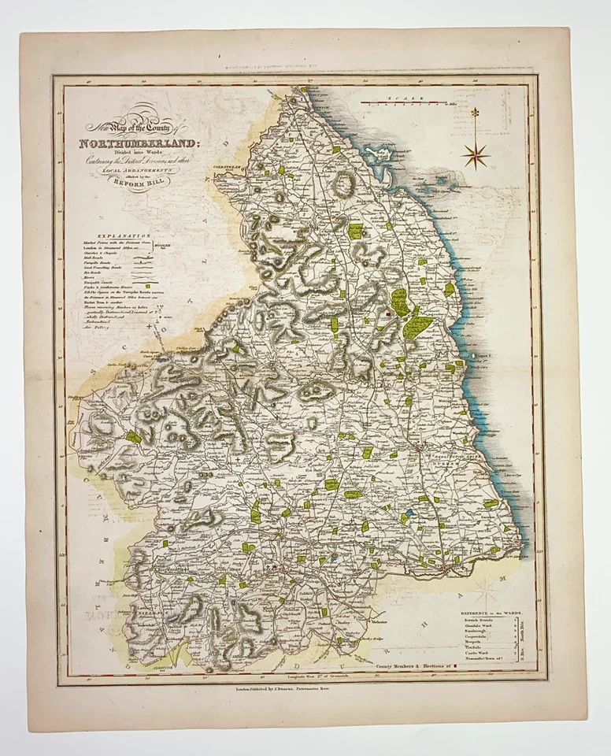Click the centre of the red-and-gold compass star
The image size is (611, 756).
tap(476, 154)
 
